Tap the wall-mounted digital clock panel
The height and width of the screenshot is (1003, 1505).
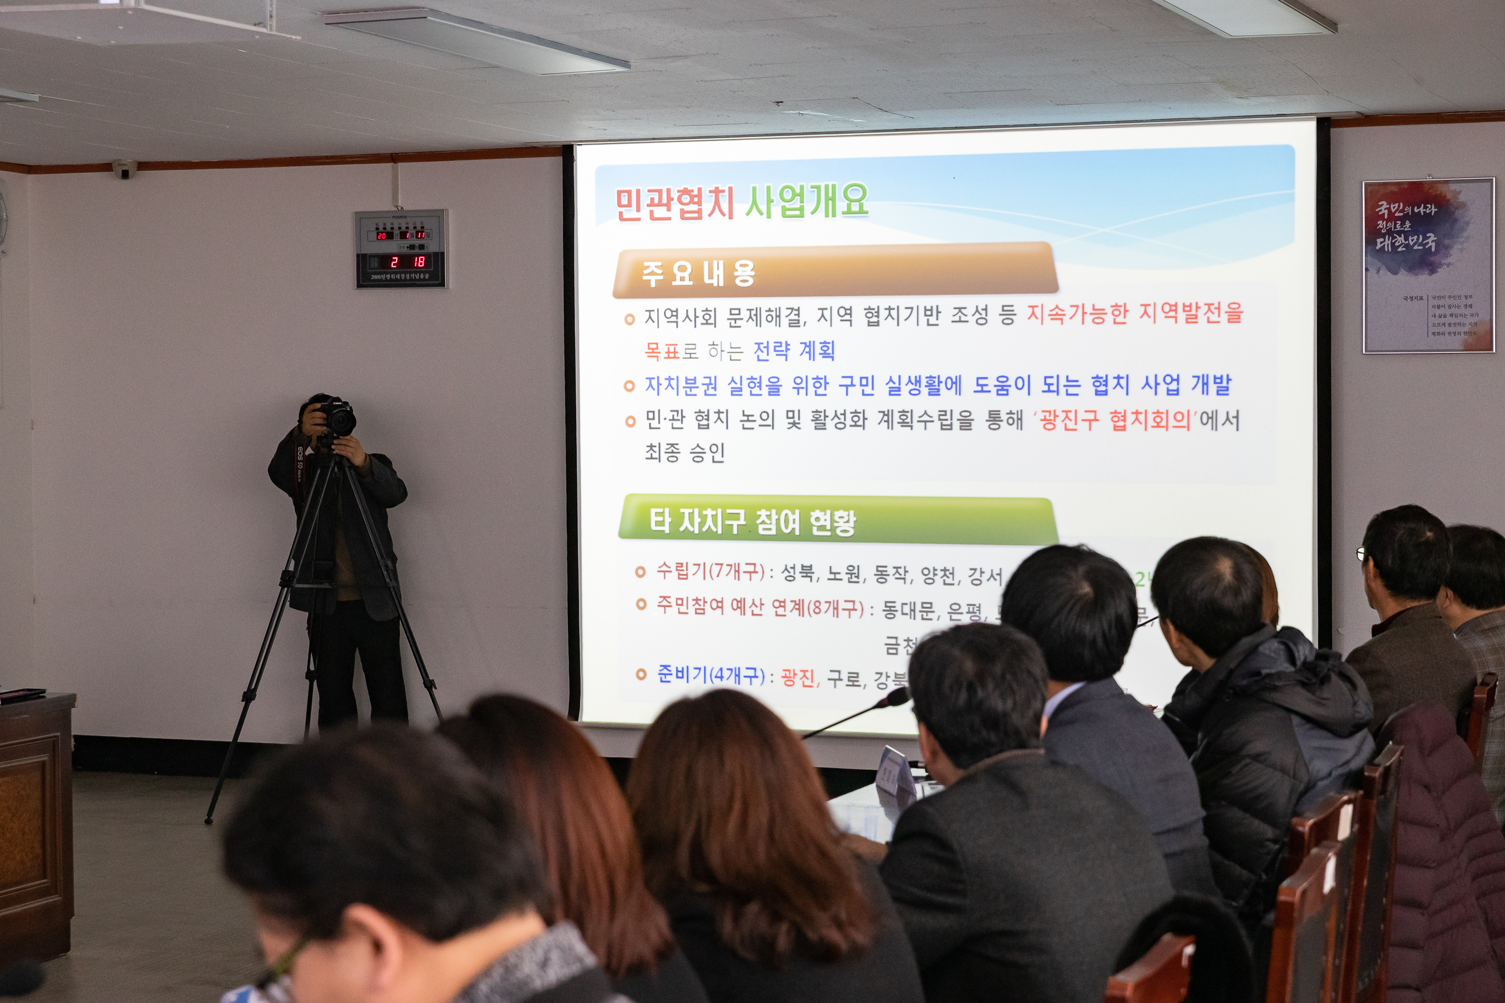click(401, 249)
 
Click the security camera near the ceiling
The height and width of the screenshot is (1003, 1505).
click(125, 169)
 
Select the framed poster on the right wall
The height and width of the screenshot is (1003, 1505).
click(1428, 266)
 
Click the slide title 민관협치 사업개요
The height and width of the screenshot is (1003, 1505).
click(741, 202)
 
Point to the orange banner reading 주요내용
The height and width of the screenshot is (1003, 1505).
click(699, 273)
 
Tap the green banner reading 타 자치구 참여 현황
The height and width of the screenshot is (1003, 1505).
click(752, 521)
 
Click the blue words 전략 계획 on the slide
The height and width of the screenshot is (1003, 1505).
click(794, 350)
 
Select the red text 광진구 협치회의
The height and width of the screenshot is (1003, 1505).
click(1114, 420)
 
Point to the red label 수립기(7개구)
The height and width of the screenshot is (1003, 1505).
click(710, 571)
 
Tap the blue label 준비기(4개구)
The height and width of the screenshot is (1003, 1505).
click(710, 675)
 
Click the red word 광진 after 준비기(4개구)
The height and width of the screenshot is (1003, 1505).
click(799, 677)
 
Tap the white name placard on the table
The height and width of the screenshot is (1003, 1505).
click(896, 771)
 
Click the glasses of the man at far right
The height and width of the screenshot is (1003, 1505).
click(1360, 553)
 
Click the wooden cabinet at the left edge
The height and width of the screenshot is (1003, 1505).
click(35, 825)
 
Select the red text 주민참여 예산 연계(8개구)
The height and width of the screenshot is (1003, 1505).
click(760, 607)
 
